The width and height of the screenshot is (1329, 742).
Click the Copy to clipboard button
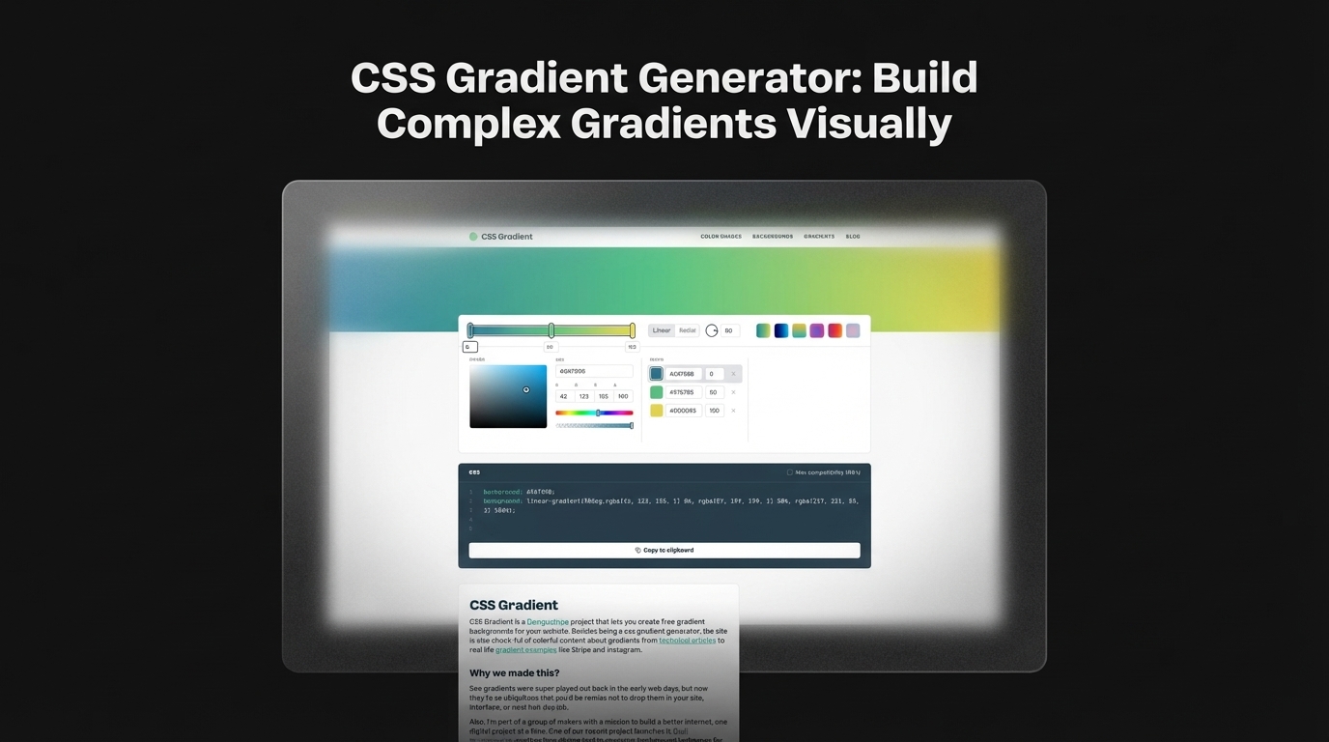664,550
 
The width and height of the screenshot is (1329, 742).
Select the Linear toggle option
662,330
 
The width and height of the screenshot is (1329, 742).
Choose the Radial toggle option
688,330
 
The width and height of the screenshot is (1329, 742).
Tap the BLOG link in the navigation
853,237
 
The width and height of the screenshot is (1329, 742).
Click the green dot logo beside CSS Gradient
473,237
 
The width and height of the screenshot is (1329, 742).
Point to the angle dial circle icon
712,330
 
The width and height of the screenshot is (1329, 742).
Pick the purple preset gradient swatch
817,330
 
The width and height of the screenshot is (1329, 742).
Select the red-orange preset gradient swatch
835,330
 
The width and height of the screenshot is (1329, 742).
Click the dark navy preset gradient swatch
781,330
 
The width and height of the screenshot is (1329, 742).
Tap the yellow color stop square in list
657,411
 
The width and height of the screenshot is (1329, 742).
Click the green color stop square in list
657,392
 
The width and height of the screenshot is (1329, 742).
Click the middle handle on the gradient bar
551,330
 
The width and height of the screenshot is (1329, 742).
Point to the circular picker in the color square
526,390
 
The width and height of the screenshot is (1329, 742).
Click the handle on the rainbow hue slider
598,413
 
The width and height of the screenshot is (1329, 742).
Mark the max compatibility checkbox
789,472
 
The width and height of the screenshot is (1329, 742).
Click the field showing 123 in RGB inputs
584,396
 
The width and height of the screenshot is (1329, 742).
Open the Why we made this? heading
515,673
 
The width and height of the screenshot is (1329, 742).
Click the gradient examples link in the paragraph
525,650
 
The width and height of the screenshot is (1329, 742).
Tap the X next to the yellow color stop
734,411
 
